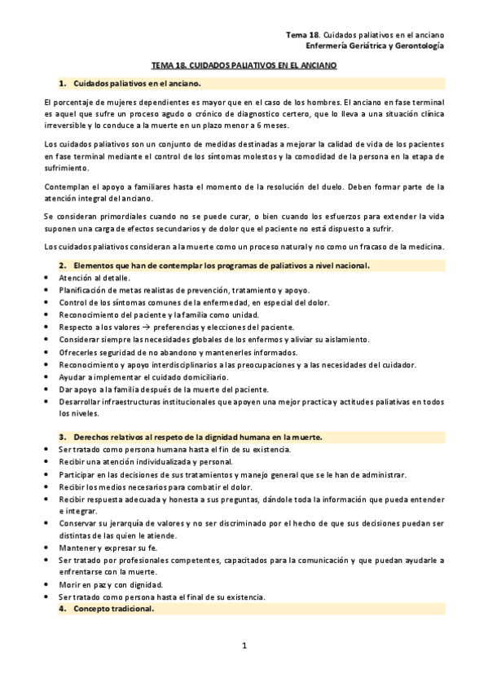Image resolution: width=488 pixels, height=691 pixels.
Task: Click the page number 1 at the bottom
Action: pyautogui.click(x=244, y=645)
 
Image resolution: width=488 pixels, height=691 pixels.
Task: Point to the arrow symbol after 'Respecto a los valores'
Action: pyautogui.click(x=135, y=327)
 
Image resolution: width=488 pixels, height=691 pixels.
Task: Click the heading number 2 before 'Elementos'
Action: pyautogui.click(x=62, y=266)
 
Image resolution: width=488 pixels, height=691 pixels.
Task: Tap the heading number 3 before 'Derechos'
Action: pyautogui.click(x=62, y=438)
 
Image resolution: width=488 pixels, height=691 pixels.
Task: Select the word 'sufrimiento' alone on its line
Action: pyautogui.click(x=67, y=169)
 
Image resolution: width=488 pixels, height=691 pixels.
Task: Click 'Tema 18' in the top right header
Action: pyautogui.click(x=302, y=36)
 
